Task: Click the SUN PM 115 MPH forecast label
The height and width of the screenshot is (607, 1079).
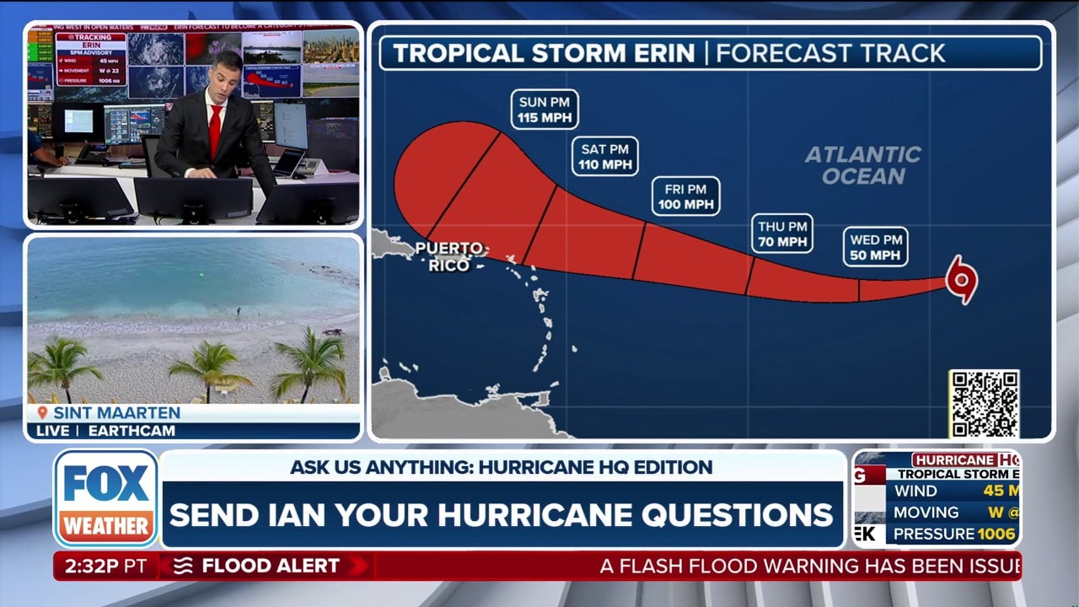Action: (545, 110)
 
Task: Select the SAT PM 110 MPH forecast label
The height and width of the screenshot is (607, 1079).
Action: (605, 157)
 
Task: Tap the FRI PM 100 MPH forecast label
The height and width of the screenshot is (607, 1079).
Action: (685, 196)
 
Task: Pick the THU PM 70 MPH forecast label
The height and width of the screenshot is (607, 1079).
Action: (782, 234)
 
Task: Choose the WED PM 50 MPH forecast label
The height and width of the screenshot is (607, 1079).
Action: (875, 247)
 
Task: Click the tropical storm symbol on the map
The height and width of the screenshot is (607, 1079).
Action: (961, 279)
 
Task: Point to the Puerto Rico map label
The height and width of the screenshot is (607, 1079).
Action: (450, 256)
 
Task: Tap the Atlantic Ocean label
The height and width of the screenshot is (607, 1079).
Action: (862, 165)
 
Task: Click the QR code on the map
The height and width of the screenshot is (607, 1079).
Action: (984, 404)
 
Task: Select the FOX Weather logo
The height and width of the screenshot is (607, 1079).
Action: (106, 498)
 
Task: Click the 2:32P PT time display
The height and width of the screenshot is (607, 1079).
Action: (105, 567)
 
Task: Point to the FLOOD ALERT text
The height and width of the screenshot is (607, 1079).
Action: (270, 567)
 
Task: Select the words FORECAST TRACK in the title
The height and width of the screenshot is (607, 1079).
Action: (830, 53)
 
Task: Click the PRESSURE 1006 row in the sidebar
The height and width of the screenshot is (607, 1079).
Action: (953, 534)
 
